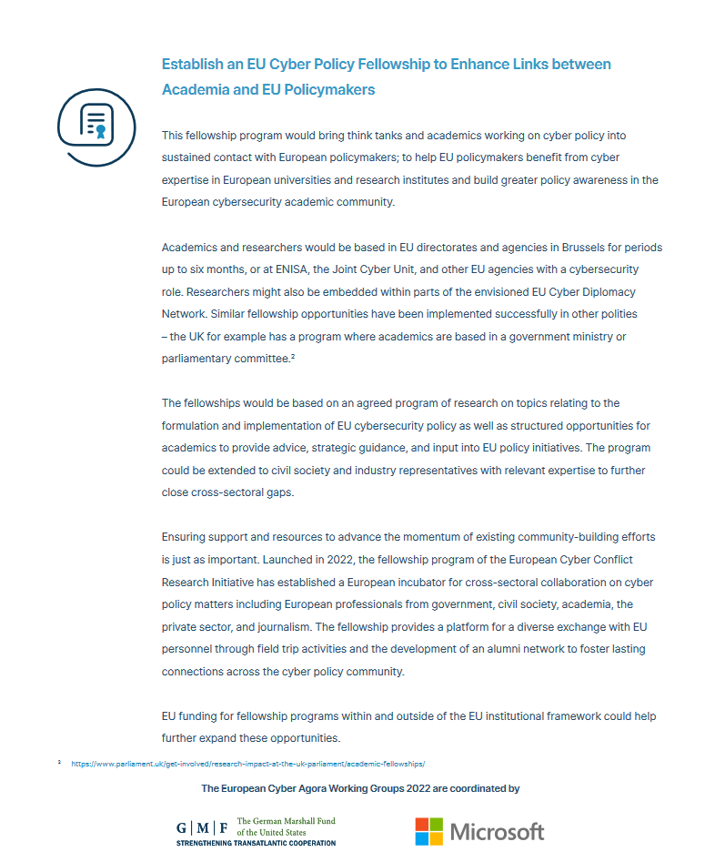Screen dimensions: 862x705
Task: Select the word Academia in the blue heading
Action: coord(193,89)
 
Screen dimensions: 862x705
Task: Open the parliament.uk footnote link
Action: coord(247,763)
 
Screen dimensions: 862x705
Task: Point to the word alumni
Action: coord(495,648)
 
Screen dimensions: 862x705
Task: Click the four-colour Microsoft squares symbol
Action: coord(429,831)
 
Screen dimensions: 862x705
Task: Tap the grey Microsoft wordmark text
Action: coord(497,831)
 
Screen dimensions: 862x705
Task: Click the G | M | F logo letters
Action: coord(202,827)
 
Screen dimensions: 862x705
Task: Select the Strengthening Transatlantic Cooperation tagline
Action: coord(256,843)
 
